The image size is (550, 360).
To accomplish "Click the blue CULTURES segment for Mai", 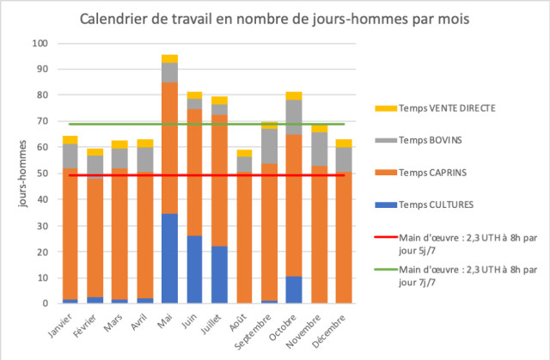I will [x=169, y=258].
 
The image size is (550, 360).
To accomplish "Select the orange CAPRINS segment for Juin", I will [x=194, y=172].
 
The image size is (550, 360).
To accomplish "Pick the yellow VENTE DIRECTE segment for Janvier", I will [x=70, y=139].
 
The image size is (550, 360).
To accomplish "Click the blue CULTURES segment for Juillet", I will [x=219, y=274].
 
